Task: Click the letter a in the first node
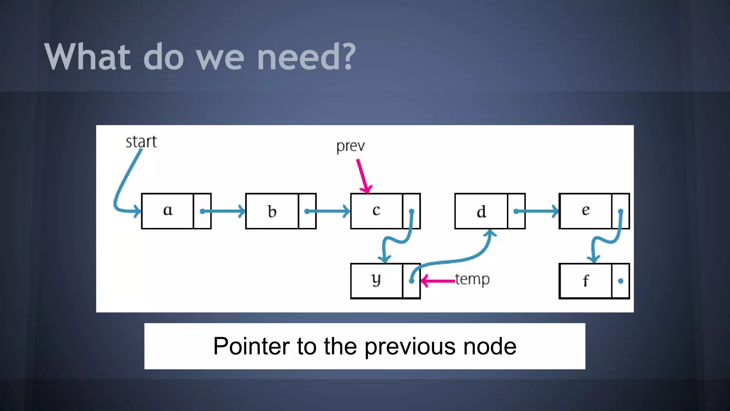pos(168,210)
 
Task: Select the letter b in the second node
pos(272,212)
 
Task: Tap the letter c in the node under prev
pos(376,210)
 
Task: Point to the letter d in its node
pos(481,212)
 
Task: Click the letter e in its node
pos(586,210)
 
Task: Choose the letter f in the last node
pos(586,281)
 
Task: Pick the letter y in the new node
pos(376,280)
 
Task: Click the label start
pos(141,142)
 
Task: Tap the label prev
pos(350,146)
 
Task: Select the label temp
pos(472,279)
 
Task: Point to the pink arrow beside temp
pos(438,281)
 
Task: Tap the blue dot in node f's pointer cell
pos(621,281)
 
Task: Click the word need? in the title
pos(306,57)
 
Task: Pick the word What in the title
pos(87,57)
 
